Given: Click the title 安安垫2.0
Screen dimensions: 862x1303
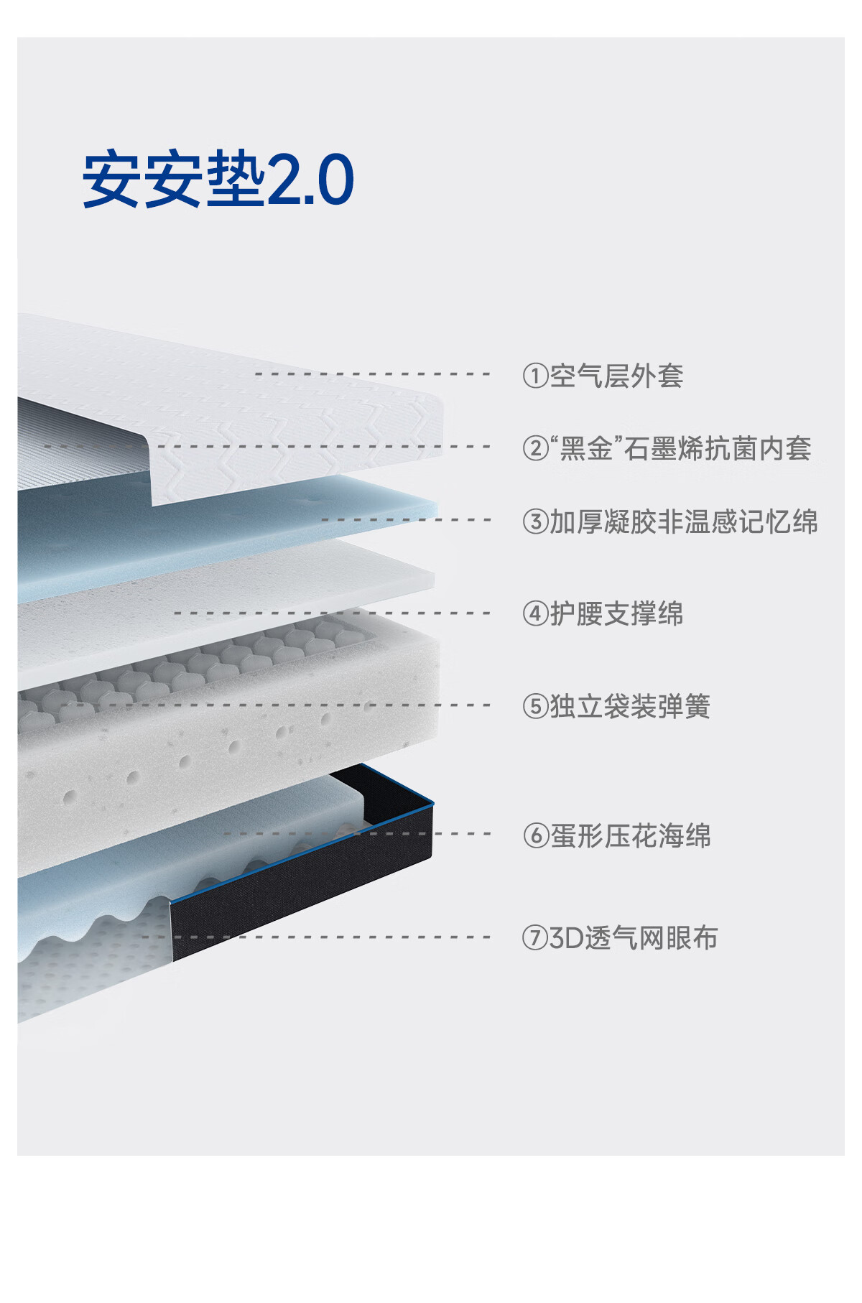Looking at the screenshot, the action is [x=218, y=180].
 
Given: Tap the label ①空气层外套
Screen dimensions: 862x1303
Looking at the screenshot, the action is [x=603, y=376].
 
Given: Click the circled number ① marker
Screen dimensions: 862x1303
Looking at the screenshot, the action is [x=535, y=376].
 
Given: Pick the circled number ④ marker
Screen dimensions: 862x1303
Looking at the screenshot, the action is [x=535, y=614].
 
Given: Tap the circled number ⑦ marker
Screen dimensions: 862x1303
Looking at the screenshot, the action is [x=535, y=938].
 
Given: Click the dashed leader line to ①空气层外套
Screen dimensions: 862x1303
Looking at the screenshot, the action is [x=372, y=374].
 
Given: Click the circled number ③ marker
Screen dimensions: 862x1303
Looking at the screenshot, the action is [x=535, y=521].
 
